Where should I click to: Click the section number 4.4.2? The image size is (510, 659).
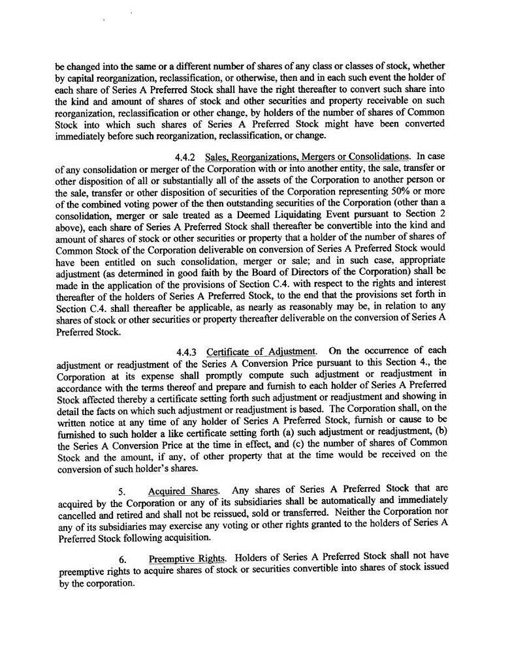coord(185,157)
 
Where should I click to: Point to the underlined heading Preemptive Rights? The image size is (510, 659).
coord(188,559)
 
